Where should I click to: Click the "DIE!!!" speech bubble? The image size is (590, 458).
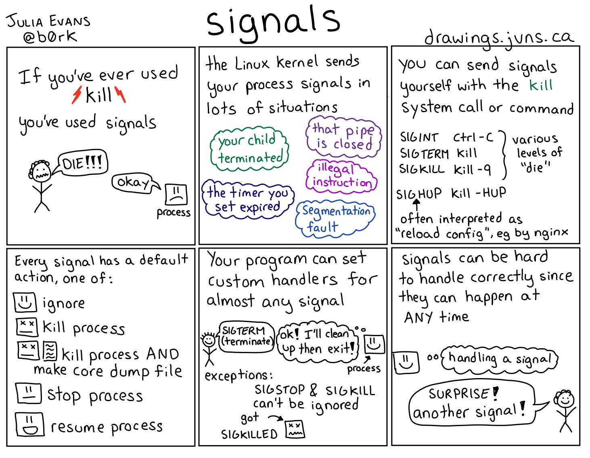[83, 164]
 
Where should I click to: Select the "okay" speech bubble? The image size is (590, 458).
[132, 183]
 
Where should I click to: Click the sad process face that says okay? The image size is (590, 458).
[176, 194]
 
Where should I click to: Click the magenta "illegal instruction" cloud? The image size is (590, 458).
[341, 176]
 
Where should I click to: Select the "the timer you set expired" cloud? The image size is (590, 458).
[247, 200]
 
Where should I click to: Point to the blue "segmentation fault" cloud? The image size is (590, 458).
[335, 218]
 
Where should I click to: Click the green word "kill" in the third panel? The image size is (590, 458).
[540, 86]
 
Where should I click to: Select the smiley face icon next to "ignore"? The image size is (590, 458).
[25, 302]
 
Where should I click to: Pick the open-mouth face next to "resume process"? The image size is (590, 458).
[29, 424]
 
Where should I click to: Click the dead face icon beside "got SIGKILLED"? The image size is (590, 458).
[295, 429]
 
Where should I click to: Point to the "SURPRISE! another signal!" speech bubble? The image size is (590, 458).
[471, 403]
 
